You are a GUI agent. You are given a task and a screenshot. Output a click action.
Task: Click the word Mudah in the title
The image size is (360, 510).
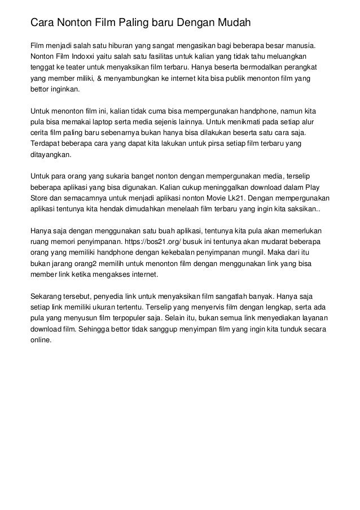tap(228, 24)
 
